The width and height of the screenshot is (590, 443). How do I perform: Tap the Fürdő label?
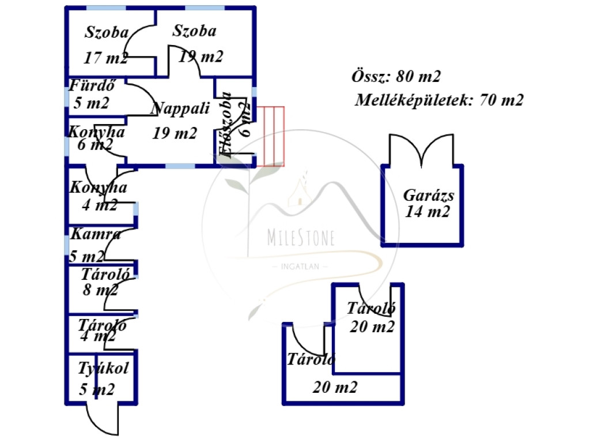point(93,87)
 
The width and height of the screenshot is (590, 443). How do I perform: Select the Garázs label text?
point(429,195)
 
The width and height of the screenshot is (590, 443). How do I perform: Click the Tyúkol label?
point(103,368)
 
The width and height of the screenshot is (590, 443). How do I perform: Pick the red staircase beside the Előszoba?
point(270,136)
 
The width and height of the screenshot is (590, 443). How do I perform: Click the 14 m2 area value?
point(428,212)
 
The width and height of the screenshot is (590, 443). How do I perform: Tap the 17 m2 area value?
point(105,58)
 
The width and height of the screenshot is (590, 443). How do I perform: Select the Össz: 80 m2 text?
point(396,76)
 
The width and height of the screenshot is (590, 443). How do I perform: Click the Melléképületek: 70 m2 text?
point(440,100)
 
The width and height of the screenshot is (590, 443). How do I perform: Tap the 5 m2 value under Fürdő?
point(91,103)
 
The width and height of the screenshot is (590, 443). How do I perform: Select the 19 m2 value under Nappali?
point(175,133)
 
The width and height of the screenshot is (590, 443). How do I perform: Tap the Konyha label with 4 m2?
point(99,187)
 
